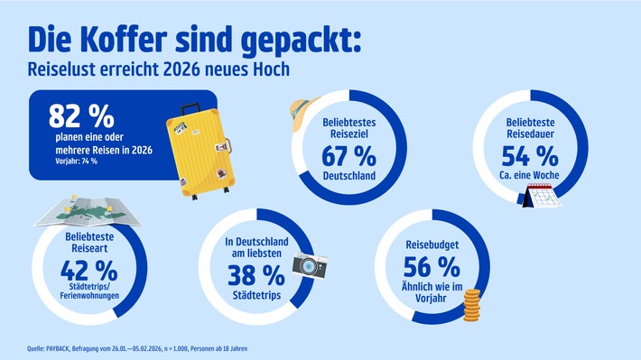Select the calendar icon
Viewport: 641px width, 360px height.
point(543,191)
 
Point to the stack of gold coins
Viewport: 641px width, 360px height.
point(475,310)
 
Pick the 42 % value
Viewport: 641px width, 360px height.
point(88,269)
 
